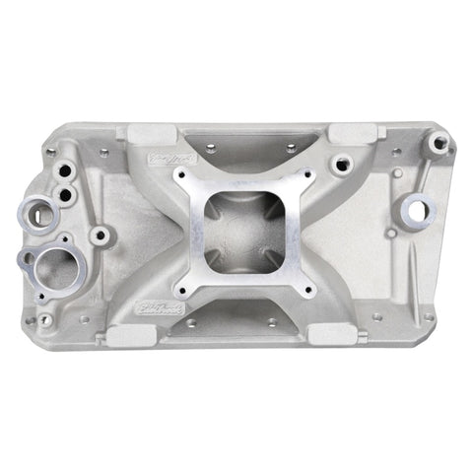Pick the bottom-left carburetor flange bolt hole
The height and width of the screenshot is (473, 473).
click(180, 289)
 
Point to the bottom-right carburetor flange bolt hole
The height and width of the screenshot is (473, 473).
click(308, 291)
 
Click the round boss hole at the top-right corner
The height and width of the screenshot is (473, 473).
click(438, 143)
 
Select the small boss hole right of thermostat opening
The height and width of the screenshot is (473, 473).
click(101, 236)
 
